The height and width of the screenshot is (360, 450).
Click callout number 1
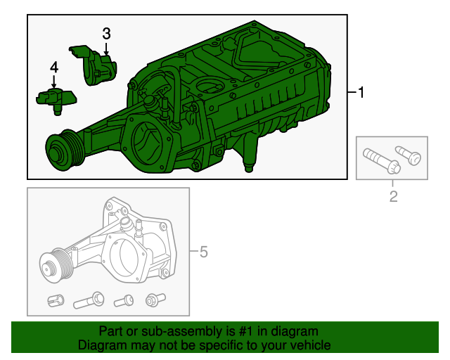click(x=361, y=93)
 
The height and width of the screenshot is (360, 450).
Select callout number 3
click(x=106, y=33)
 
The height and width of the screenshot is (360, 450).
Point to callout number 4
click(x=54, y=67)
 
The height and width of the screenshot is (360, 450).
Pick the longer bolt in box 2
click(x=380, y=160)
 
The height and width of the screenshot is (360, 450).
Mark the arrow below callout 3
click(x=105, y=48)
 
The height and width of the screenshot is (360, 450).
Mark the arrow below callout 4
click(x=54, y=82)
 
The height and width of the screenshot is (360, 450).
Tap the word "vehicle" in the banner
click(x=309, y=345)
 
